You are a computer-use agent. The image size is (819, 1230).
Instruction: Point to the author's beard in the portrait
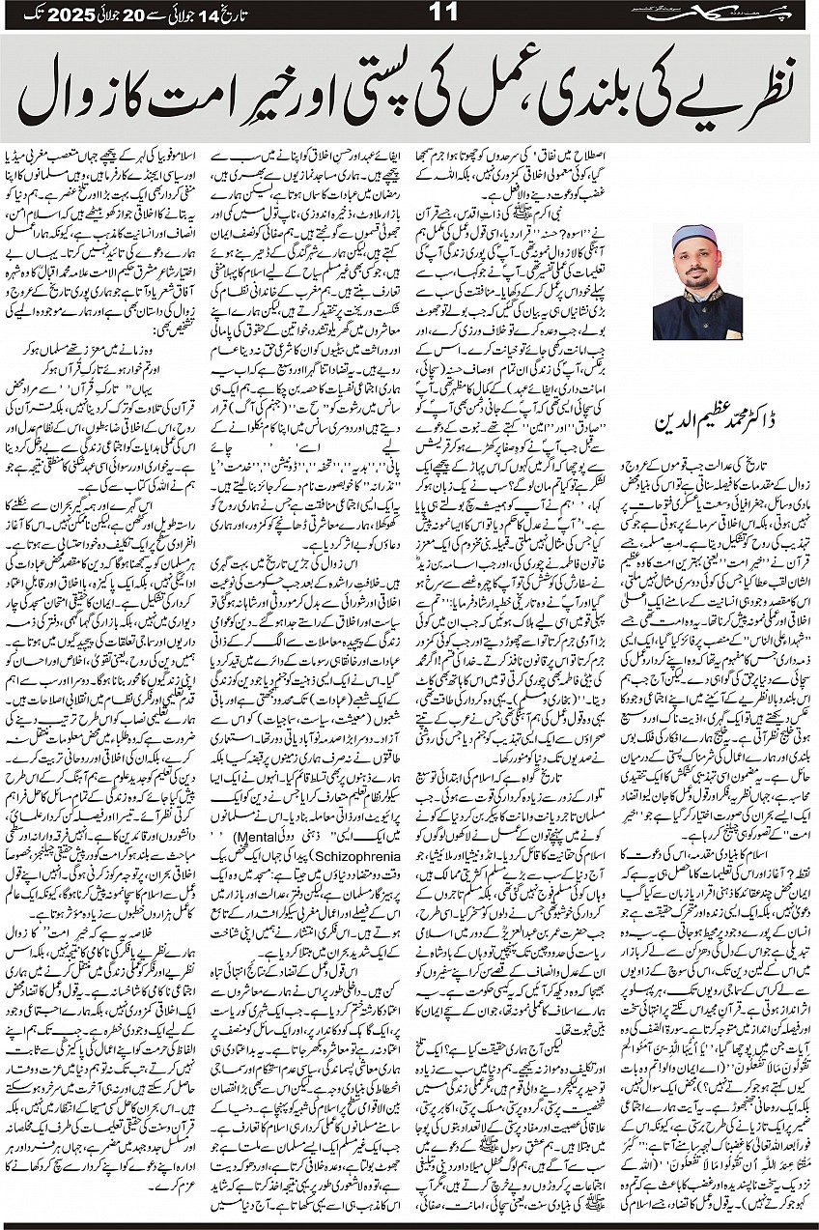(x=696, y=281)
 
